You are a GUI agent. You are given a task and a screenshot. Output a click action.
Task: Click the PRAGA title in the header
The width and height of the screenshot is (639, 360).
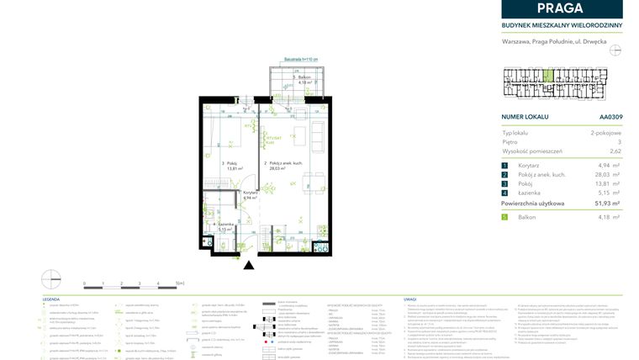tap(562, 8)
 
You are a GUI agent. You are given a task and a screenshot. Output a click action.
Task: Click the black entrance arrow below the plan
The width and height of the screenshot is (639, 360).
tap(249, 265)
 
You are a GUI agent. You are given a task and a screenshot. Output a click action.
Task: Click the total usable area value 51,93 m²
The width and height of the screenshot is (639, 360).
tap(605, 204)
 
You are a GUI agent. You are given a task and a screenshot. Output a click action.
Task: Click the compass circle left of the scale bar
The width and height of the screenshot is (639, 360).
tap(51, 278)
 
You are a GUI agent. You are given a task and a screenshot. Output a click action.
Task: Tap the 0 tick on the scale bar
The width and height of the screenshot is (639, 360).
tap(84, 285)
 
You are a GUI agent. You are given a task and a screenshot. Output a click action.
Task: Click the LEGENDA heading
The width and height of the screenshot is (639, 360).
tap(51, 299)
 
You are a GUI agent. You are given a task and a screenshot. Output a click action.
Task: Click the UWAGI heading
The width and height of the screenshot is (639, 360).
tap(410, 299)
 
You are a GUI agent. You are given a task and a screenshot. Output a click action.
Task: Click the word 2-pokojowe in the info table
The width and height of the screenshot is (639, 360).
tap(605, 133)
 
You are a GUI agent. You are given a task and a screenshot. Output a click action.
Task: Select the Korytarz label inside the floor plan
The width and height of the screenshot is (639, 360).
tap(249, 193)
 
